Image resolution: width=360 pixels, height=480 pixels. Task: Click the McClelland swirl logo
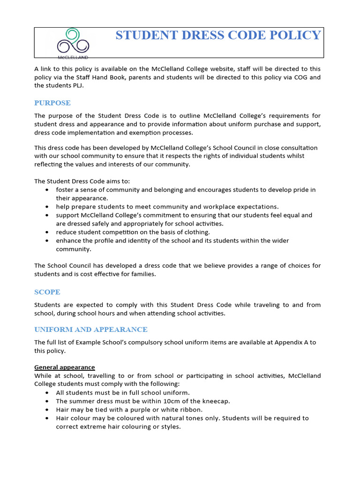point(73,42)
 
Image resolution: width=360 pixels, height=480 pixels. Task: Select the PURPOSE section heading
point(52,103)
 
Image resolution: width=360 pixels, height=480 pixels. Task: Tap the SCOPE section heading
point(47,292)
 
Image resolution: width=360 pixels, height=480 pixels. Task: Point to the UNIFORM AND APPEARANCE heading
point(91,330)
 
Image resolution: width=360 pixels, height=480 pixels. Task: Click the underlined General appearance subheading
point(65,367)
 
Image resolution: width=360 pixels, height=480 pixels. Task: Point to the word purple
point(132,410)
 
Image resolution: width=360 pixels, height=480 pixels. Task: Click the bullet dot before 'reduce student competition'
point(48,232)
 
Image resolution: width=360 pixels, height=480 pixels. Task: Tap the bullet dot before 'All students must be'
point(48,393)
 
